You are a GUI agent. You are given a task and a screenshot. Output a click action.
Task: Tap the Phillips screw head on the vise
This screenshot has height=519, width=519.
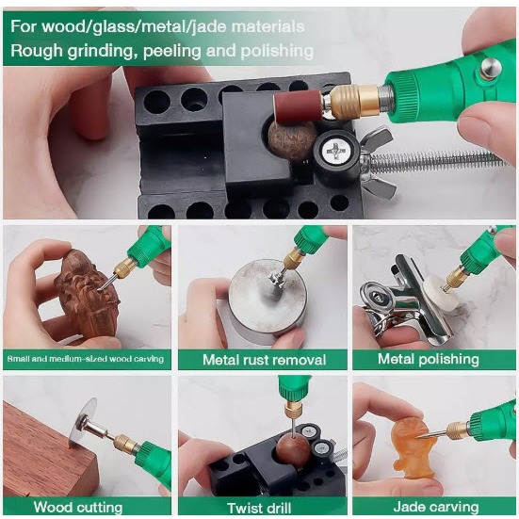point(334,152)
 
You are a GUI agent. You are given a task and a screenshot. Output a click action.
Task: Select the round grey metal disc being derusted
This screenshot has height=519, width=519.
point(268,303)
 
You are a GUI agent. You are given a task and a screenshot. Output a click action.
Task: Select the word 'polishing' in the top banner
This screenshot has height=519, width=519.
point(277,51)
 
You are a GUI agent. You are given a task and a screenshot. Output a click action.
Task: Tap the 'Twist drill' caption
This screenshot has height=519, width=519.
point(259,508)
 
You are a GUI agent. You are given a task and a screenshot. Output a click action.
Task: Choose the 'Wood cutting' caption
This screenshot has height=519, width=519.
point(78,508)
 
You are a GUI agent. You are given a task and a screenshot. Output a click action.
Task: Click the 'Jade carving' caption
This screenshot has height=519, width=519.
point(436,507)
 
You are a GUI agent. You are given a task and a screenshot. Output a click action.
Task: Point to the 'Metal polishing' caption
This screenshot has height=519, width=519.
point(429,359)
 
